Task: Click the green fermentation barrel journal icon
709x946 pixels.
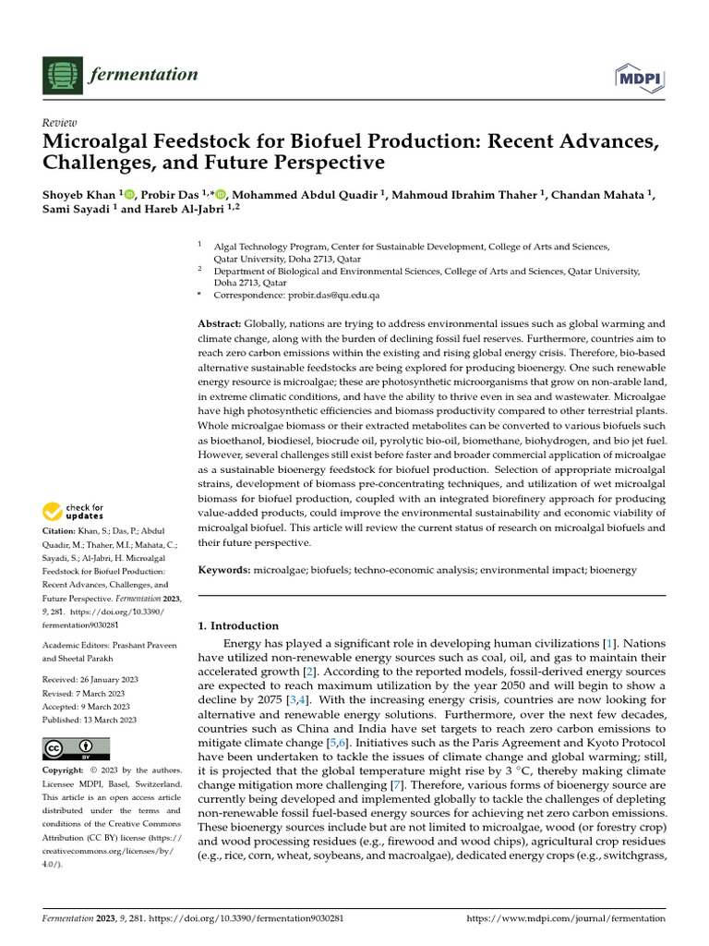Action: [62, 74]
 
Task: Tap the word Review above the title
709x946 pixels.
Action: [60, 123]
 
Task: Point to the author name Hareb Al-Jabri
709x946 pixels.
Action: [186, 210]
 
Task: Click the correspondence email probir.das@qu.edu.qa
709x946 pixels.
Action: [324, 295]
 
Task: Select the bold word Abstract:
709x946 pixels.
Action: [220, 324]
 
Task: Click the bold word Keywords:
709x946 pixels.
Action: [224, 571]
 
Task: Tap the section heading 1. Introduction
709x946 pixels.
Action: [238, 625]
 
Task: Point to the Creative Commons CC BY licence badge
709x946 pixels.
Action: [76, 748]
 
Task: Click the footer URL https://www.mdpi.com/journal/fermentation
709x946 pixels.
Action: [566, 918]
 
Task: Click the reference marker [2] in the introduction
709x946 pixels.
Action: [311, 672]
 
